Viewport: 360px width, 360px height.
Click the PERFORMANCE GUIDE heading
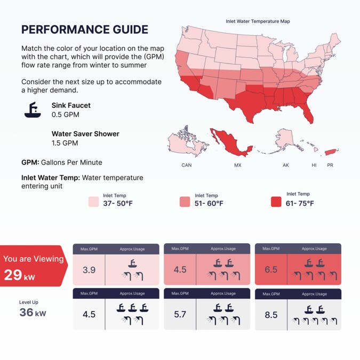point(85,29)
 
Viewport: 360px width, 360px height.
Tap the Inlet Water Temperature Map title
point(258,21)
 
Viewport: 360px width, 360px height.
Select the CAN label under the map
point(187,165)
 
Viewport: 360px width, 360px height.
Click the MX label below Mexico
point(238,165)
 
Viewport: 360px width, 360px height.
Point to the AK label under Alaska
point(286,165)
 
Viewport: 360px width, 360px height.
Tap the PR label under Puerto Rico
point(330,165)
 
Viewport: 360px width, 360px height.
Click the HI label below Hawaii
point(314,165)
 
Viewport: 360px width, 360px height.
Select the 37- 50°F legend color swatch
point(93,202)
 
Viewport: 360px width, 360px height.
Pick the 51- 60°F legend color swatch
point(185,202)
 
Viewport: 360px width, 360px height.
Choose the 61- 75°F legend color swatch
point(276,202)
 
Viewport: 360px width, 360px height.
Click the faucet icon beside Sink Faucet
point(33,110)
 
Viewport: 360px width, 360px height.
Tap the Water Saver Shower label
point(85,134)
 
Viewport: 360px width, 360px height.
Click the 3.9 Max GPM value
point(89,270)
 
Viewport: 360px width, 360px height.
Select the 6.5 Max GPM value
point(271,270)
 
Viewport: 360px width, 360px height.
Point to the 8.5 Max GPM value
point(271,315)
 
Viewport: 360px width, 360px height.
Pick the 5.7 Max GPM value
point(180,315)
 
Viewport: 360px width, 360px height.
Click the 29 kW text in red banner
point(20,275)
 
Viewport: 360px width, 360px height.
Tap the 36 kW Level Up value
point(33,313)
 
